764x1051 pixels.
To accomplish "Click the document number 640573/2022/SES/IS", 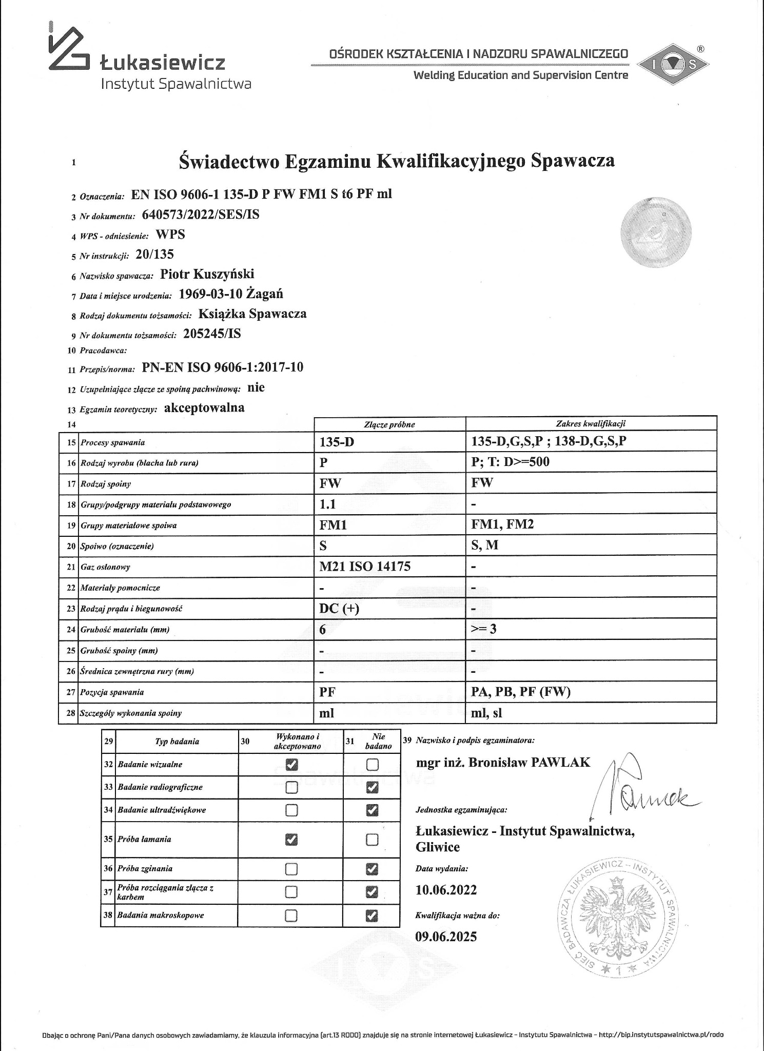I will click(x=200, y=215).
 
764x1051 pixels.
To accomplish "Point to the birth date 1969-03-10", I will click(x=211, y=294).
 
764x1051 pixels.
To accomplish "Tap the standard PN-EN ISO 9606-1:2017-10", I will click(x=222, y=367).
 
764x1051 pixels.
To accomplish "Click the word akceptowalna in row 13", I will click(x=204, y=407).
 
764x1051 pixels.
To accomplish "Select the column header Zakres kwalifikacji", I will click(x=591, y=424).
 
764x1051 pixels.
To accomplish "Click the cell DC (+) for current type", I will click(x=339, y=608).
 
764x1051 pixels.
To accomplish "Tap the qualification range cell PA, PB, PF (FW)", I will click(x=520, y=692).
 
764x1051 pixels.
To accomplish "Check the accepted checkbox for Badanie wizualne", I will click(x=291, y=764).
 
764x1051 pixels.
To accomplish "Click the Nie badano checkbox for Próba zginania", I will click(x=372, y=869).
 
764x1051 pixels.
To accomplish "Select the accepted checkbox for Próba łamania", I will click(x=291, y=840).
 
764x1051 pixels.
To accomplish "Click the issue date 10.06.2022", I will click(x=446, y=890).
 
